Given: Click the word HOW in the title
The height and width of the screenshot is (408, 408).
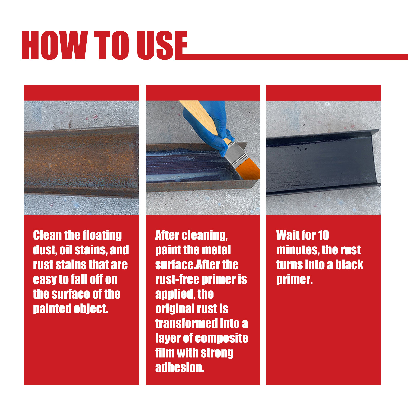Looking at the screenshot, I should click(55, 45).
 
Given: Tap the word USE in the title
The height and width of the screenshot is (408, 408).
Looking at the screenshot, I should click(162, 45).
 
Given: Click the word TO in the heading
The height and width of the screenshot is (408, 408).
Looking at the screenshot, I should click(112, 45).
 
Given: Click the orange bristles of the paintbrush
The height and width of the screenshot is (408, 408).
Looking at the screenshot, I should click(249, 170).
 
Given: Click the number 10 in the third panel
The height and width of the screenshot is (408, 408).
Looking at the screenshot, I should click(323, 235).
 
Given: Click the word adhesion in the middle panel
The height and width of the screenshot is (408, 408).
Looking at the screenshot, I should click(180, 367).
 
